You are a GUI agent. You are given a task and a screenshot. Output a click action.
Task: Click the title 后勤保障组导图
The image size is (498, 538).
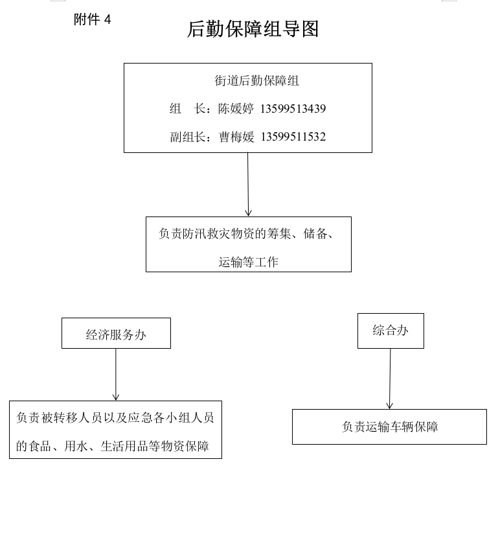pyautogui.click(x=253, y=29)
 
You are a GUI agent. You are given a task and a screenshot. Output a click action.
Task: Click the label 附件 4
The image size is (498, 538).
pyautogui.click(x=92, y=19)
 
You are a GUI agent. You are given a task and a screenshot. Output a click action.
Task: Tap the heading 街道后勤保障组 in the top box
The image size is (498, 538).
pyautogui.click(x=256, y=80)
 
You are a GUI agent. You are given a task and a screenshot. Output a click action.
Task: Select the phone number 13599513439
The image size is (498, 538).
pyautogui.click(x=293, y=109)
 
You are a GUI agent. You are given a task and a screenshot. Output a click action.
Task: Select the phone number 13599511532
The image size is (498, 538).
pyautogui.click(x=293, y=137)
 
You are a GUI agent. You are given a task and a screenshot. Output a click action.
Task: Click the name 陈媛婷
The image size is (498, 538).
pyautogui.click(x=236, y=109)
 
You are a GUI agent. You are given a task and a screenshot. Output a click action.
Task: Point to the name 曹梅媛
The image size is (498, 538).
pyautogui.click(x=236, y=137)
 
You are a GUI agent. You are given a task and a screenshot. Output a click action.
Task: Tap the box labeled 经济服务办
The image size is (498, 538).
pyautogui.click(x=116, y=333)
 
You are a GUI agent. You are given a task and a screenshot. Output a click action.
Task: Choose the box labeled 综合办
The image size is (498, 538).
pyautogui.click(x=390, y=331)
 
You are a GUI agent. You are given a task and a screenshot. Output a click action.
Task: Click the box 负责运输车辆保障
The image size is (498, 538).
pyautogui.click(x=389, y=427)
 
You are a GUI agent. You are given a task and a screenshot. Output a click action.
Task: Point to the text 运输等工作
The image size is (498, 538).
pyautogui.click(x=249, y=262)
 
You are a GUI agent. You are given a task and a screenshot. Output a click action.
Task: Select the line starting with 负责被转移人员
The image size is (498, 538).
pyautogui.click(x=115, y=417)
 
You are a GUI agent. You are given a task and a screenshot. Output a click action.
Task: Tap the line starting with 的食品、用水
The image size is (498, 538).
pyautogui.click(x=113, y=446)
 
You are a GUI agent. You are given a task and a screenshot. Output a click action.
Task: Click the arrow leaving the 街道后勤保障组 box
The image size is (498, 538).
pyautogui.click(x=248, y=185)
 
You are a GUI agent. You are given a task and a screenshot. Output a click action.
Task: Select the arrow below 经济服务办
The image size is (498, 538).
pyautogui.click(x=116, y=375)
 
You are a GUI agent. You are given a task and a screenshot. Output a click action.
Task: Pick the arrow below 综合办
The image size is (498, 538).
pyautogui.click(x=390, y=379)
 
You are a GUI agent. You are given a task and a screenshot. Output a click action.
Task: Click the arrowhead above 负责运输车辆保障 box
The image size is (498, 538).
pyautogui.click(x=390, y=405)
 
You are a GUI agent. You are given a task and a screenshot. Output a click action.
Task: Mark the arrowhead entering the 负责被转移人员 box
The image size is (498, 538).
pyautogui.click(x=116, y=397)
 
